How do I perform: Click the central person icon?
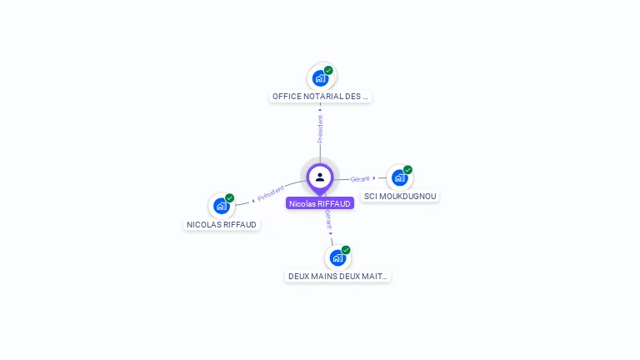click(x=320, y=177)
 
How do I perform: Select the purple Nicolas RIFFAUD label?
click(x=320, y=203)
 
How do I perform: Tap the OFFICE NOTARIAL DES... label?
click(x=321, y=97)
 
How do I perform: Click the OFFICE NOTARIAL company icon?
click(x=320, y=78)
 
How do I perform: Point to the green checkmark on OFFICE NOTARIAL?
click(x=328, y=71)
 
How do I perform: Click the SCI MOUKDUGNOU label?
click(x=401, y=197)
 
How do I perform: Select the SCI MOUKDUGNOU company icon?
click(x=399, y=177)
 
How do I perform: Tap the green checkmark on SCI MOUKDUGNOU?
click(x=407, y=170)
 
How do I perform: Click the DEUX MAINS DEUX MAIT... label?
click(x=338, y=276)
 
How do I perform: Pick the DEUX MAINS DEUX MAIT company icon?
click(x=337, y=257)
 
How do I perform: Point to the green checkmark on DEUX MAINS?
click(x=346, y=250)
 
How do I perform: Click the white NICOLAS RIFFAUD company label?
click(x=222, y=224)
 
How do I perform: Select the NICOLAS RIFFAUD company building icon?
click(x=221, y=205)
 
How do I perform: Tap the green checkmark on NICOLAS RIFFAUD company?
click(x=229, y=198)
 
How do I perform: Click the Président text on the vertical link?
click(x=320, y=129)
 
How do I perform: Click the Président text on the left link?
click(x=271, y=193)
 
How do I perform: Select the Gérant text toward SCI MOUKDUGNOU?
click(x=359, y=178)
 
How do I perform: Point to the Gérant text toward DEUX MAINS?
click(x=328, y=219)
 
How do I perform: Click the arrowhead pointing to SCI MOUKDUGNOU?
click(x=374, y=177)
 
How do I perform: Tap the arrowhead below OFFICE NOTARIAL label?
click(x=320, y=109)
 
